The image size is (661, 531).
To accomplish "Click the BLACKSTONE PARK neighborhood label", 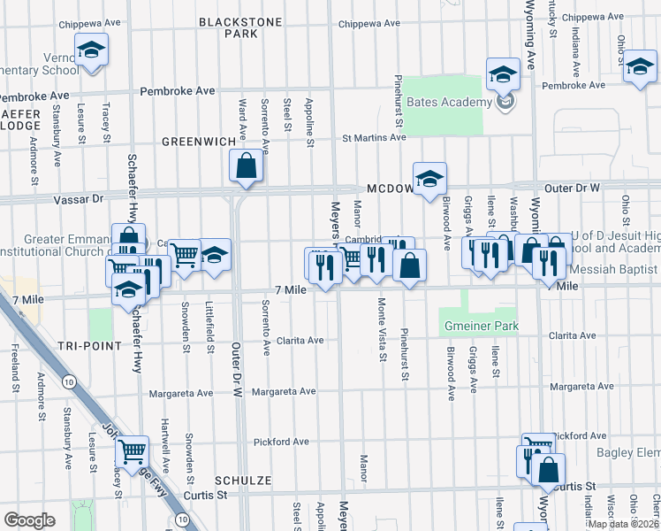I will click(228, 27).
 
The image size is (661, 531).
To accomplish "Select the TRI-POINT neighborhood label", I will click(87, 345).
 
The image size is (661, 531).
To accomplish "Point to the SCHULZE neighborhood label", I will click(241, 480).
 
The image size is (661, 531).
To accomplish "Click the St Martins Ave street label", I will click(374, 137).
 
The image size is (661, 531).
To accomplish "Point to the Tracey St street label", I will click(106, 122).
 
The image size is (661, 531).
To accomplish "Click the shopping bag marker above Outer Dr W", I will click(246, 165).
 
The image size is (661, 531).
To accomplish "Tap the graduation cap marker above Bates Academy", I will click(503, 74).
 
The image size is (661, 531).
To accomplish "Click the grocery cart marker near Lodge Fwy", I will click(132, 452).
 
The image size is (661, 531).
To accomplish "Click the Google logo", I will click(29, 520).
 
